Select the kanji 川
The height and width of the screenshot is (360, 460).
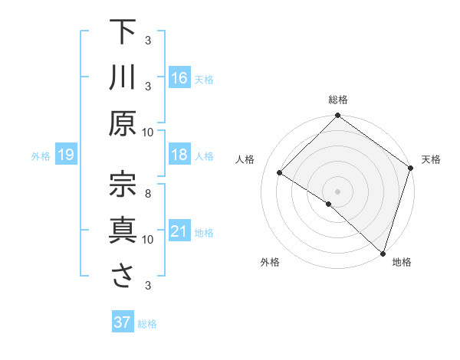coord(123,77)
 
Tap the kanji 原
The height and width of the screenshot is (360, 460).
coord(123,123)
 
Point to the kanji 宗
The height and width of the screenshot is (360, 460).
coord(123,184)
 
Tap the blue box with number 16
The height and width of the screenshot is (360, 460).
coord(179,77)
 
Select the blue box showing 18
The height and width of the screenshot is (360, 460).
coord(179,155)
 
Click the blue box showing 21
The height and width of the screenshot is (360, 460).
coord(179,231)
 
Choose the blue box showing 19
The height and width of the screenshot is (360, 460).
coord(66,155)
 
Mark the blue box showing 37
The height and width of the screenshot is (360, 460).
coord(123,322)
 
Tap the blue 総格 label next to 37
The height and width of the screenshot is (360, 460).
coord(147,324)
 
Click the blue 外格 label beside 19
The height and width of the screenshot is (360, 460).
coord(41,156)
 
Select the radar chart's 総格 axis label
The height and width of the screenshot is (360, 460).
coord(338,100)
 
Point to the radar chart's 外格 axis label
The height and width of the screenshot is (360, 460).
coord(270,262)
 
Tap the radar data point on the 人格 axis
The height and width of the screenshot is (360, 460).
coord(280,172)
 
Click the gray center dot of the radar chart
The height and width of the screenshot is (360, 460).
coord(337,191)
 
